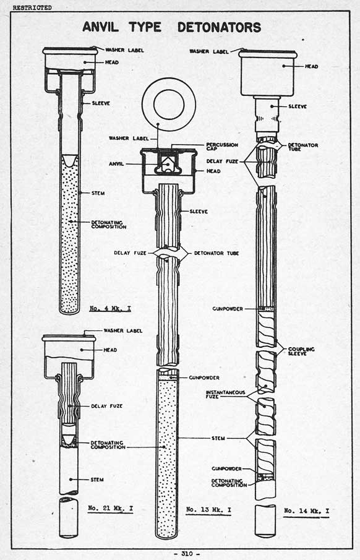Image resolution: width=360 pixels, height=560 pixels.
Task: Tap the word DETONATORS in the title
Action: tap(220, 27)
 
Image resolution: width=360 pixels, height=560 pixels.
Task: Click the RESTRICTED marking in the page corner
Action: tap(32, 7)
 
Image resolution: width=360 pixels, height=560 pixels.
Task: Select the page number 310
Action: tap(187, 554)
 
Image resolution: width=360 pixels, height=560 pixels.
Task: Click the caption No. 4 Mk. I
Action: tap(110, 308)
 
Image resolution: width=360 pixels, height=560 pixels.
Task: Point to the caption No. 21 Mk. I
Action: tap(110, 508)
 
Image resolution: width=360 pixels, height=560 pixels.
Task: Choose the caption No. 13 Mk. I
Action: tap(208, 510)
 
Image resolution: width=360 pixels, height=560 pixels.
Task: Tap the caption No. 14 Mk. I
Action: tap(306, 510)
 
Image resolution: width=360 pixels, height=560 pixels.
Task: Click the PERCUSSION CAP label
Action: tap(222, 147)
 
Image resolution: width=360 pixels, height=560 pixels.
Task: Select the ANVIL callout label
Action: tap(116, 164)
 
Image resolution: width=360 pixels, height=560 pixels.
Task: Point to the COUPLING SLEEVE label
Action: tap(301, 351)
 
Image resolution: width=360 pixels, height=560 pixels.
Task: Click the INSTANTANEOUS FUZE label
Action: tap(225, 394)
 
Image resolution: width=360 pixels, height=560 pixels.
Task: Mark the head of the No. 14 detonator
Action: tap(268, 73)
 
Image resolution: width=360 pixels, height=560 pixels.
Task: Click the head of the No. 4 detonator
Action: tap(70, 58)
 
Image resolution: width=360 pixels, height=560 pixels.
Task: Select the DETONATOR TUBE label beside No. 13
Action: tap(216, 253)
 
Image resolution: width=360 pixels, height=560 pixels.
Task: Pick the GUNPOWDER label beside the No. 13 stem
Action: tap(204, 377)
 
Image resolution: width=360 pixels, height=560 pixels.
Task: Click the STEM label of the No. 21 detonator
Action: tap(97, 480)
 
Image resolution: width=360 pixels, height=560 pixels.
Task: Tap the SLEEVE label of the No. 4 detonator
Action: tap(101, 103)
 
